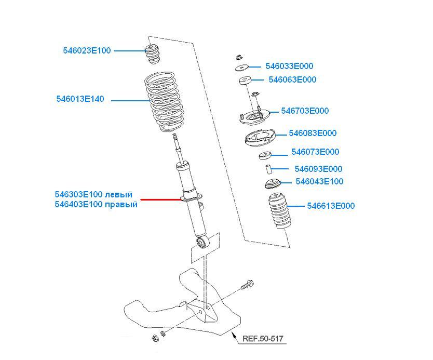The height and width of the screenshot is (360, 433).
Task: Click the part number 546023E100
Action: (87, 51)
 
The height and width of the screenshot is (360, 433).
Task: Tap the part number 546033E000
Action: (289, 66)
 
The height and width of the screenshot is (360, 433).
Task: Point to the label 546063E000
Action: (292, 80)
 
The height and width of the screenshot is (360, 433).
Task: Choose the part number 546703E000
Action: (305, 111)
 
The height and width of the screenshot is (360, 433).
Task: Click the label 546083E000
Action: (313, 134)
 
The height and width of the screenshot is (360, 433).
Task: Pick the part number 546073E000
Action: (315, 152)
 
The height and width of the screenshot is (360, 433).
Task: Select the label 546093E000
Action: (318, 169)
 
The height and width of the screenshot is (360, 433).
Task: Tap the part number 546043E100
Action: (319, 182)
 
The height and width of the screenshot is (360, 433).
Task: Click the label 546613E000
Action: (331, 206)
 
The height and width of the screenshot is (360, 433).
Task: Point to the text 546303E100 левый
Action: (93, 194)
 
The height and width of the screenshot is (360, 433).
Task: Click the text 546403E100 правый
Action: (96, 205)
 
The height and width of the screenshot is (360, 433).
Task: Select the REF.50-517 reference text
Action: (263, 339)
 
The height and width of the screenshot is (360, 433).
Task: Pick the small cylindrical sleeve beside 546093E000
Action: (269, 169)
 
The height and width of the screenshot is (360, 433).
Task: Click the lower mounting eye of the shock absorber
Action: (204, 242)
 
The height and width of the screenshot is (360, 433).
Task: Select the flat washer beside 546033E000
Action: (241, 67)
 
